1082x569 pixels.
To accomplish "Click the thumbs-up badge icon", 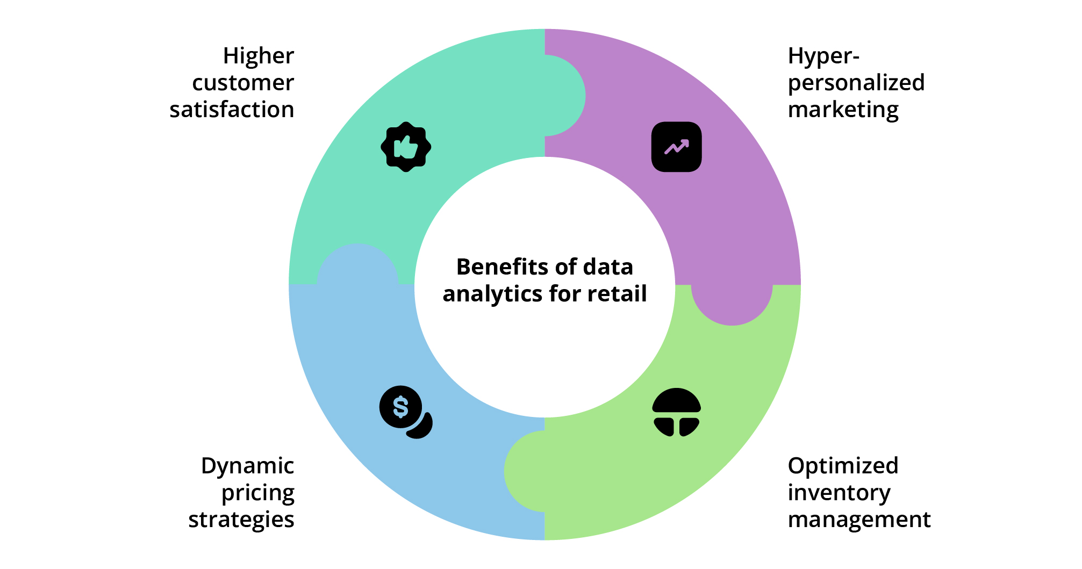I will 406,147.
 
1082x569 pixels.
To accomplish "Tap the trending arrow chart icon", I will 676,147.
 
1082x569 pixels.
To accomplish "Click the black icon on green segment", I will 676,412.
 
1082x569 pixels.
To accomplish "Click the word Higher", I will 258,56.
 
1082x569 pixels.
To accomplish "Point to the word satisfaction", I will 232,110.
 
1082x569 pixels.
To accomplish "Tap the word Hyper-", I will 823,56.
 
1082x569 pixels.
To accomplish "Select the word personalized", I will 856,83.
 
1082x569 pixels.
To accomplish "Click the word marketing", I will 843,110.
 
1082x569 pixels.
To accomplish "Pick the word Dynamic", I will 247,466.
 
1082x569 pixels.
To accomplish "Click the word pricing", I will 258,493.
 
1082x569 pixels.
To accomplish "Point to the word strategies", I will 241,520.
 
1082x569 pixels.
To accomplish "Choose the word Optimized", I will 843,466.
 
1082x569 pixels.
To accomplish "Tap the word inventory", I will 839,493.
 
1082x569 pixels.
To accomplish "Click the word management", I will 859,520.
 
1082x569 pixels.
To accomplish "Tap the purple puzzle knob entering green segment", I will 732,304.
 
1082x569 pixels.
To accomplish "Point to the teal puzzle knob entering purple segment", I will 564,96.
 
